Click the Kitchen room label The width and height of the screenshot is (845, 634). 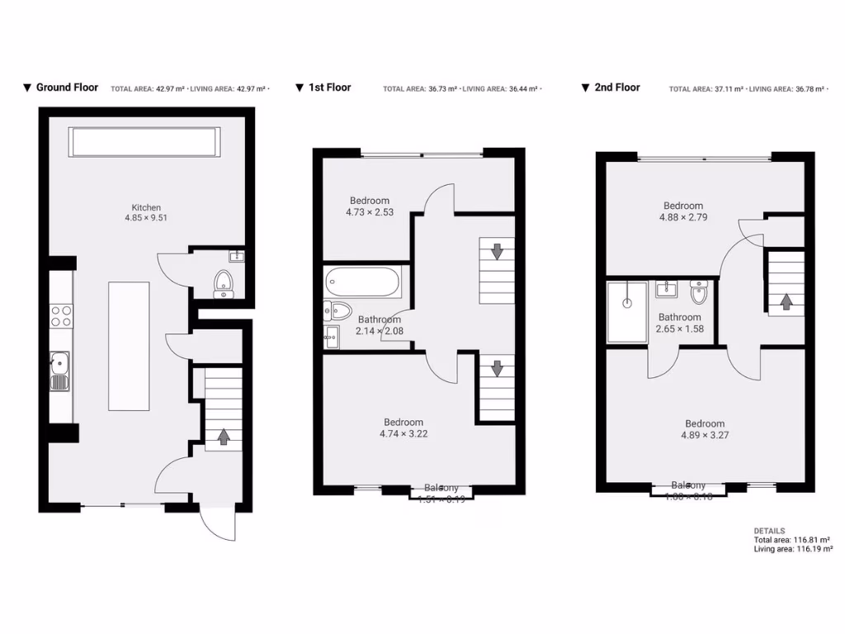click(146, 207)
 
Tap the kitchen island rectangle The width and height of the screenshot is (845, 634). click(129, 346)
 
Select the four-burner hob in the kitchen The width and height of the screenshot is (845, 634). click(61, 316)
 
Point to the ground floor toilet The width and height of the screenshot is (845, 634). click(224, 283)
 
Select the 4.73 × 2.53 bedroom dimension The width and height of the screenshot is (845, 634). click(369, 212)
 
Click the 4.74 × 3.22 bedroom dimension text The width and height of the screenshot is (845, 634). click(403, 433)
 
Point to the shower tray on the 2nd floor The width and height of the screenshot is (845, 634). click(627, 311)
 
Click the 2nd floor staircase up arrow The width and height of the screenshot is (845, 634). click(786, 301)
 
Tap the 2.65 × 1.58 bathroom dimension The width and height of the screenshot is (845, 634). click(680, 329)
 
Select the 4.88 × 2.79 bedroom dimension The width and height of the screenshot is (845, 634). click(682, 217)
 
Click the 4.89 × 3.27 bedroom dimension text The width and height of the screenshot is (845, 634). click(704, 435)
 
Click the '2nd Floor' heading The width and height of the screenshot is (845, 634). click(616, 87)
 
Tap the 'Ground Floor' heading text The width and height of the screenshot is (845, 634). click(67, 87)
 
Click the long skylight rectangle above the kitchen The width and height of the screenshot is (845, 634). click(146, 142)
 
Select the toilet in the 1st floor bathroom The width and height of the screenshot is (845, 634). click(340, 311)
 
